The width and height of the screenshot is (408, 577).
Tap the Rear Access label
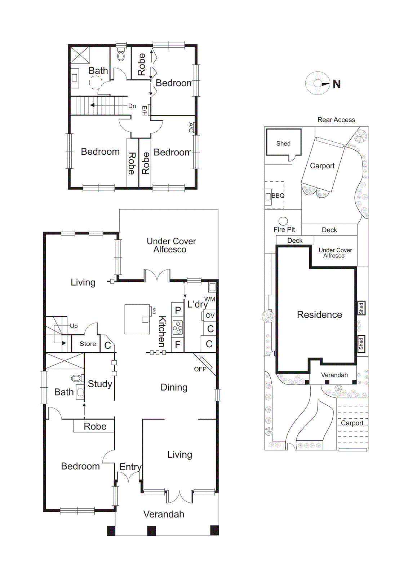pyautogui.click(x=336, y=120)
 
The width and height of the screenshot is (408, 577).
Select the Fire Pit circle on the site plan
pyautogui.click(x=283, y=221)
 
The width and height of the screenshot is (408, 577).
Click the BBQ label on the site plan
pyautogui.click(x=278, y=196)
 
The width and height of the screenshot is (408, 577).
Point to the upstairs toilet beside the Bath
pyautogui.click(x=121, y=55)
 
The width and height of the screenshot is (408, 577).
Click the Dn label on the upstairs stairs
pyautogui.click(x=132, y=106)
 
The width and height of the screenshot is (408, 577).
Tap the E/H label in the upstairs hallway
pyautogui.click(x=145, y=110)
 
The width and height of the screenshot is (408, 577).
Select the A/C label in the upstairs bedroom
pyautogui.click(x=191, y=127)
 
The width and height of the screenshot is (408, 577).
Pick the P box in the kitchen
pyautogui.click(x=178, y=310)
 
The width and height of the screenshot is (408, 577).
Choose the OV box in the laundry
pyautogui.click(x=210, y=316)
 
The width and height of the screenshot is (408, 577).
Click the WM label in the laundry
pyautogui.click(x=209, y=299)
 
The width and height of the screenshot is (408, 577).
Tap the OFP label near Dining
pyautogui.click(x=200, y=369)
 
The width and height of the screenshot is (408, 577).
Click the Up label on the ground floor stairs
pyautogui.click(x=74, y=326)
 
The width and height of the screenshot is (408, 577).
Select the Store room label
pyautogui.click(x=88, y=344)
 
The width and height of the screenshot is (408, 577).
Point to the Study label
pyautogui.click(x=100, y=384)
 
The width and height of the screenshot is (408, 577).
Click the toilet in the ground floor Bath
pyautogui.click(x=76, y=378)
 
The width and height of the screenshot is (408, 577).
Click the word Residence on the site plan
pyautogui.click(x=319, y=314)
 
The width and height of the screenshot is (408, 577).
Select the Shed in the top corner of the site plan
pyautogui.click(x=283, y=144)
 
